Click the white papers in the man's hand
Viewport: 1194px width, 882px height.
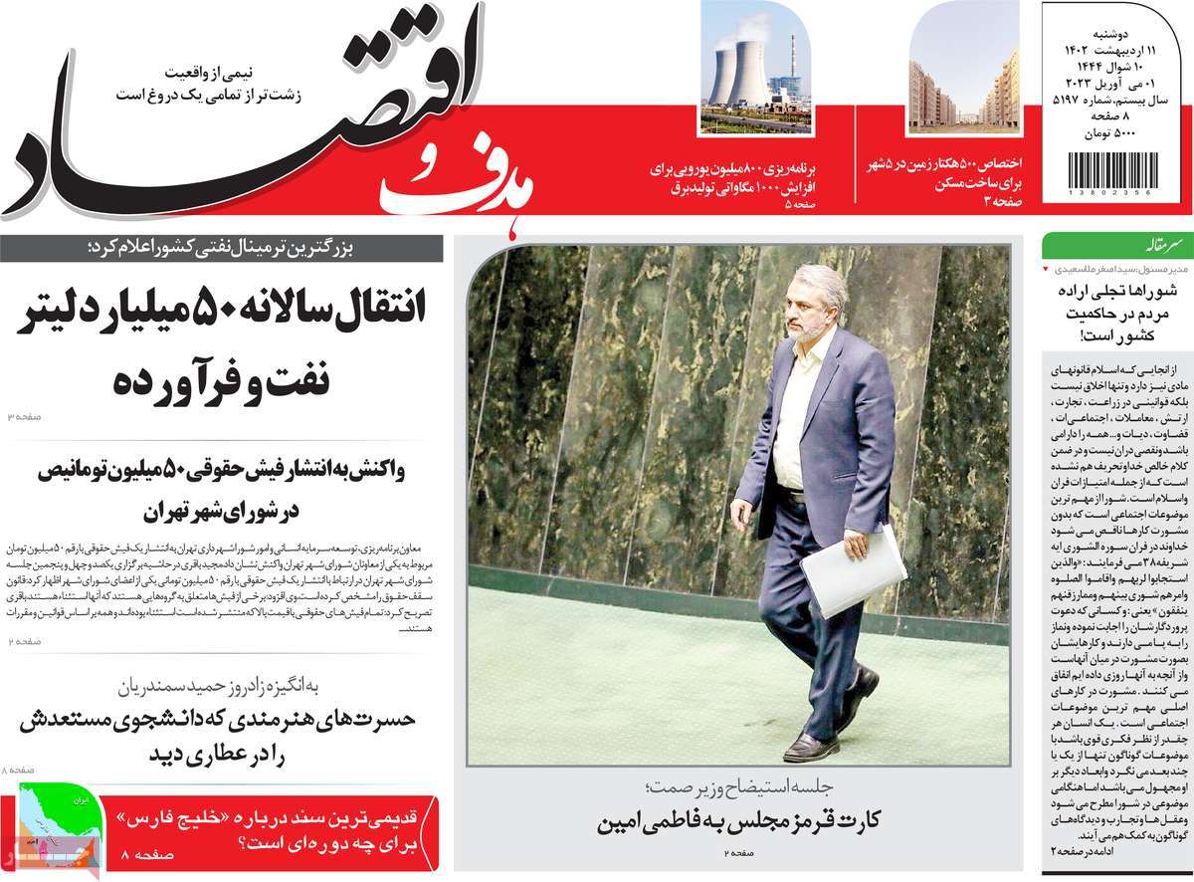tap(855, 571)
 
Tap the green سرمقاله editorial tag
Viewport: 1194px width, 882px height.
tap(1075, 244)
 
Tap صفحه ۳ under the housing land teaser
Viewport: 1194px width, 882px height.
tap(1005, 200)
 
